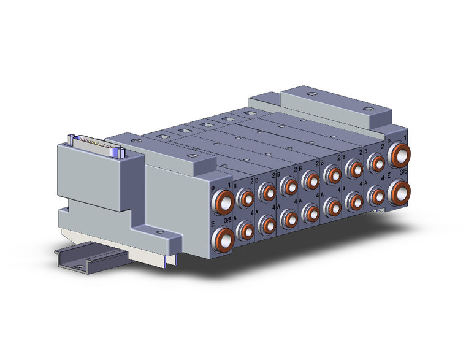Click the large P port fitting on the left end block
(224, 201)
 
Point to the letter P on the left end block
(213, 190)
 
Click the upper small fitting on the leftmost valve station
(246, 197)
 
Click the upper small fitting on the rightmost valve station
(375, 162)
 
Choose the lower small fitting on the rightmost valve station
(375, 195)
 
